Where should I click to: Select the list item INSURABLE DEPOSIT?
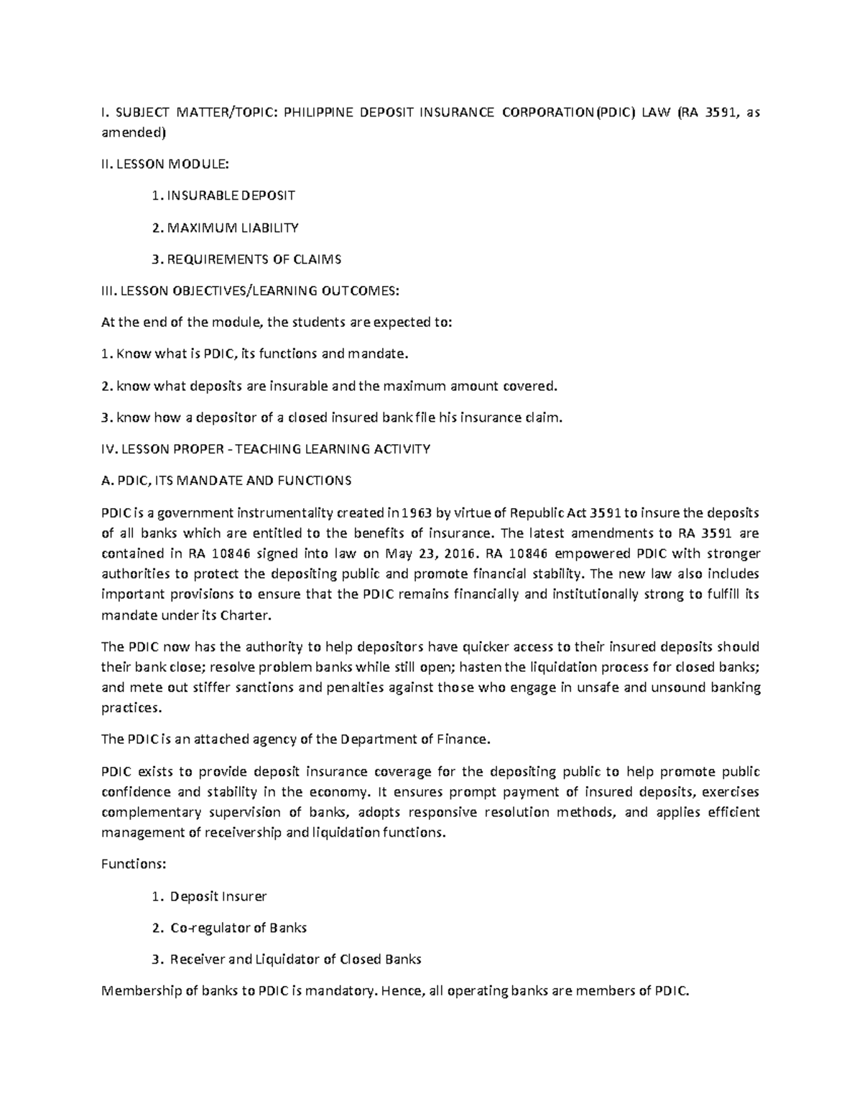click(230, 195)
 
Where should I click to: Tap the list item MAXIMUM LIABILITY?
click(233, 228)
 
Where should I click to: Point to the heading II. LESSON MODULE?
click(165, 164)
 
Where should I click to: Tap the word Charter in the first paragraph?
click(244, 616)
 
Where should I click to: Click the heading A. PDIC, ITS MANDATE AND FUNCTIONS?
click(226, 481)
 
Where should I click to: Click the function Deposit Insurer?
click(218, 897)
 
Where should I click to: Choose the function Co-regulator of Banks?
click(238, 928)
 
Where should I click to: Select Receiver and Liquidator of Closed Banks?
click(295, 960)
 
